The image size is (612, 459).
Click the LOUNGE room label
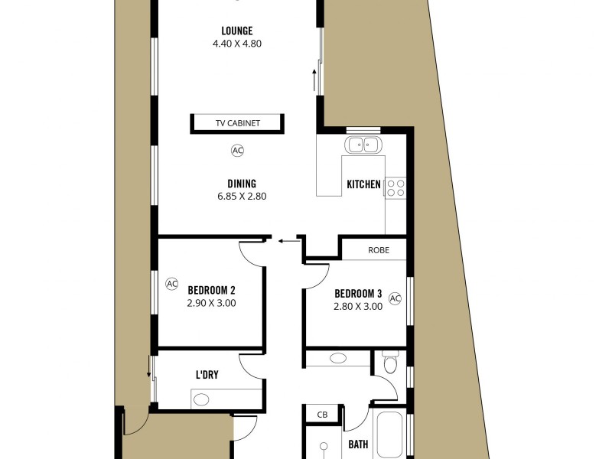coord(237,31)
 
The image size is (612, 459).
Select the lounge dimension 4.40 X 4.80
coord(237,44)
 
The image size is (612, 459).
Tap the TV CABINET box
coord(237,123)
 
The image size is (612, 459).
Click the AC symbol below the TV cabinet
coord(237,151)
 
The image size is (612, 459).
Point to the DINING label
coord(241,183)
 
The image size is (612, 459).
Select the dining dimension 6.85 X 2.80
coord(241,196)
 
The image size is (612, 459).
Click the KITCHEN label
coord(363,184)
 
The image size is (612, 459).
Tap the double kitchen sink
coord(363,145)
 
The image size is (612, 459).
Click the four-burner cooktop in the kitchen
coord(395,188)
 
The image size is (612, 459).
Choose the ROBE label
coord(379,249)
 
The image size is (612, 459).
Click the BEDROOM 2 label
coord(211,290)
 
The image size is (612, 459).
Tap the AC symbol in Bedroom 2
coord(172,284)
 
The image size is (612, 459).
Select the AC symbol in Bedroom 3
coord(395,298)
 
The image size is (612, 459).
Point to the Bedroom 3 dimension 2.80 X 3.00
coord(357,307)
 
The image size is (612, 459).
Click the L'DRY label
coord(208,375)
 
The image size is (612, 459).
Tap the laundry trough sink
coord(202,399)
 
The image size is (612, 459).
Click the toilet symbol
coord(390,363)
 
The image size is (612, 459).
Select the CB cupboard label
coord(322,415)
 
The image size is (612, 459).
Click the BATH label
coord(358,443)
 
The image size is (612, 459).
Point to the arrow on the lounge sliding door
coord(313,77)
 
